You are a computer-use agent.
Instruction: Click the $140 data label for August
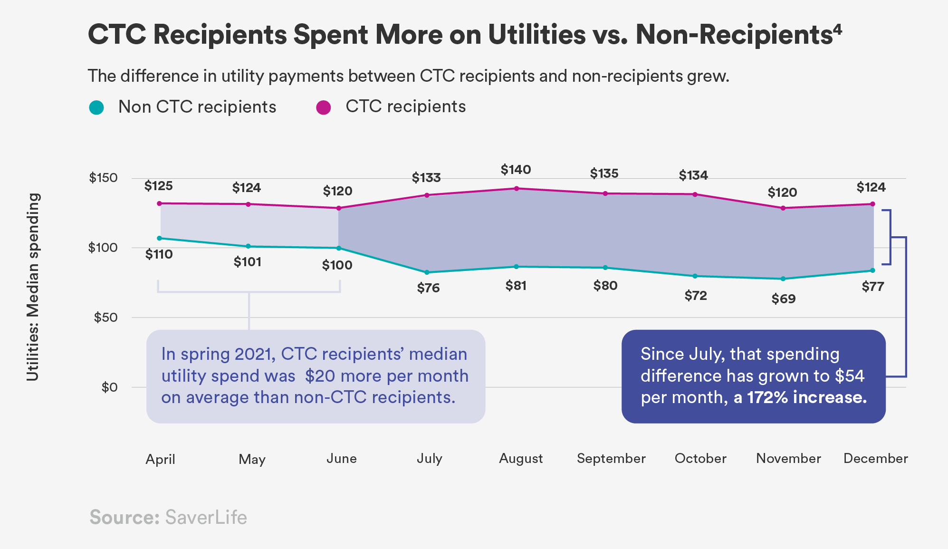(x=516, y=170)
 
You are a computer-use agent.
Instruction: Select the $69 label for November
(x=783, y=299)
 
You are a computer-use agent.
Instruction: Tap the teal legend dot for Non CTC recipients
(x=96, y=107)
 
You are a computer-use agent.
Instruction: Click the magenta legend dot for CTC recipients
(x=324, y=107)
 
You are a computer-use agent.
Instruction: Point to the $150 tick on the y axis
(x=103, y=178)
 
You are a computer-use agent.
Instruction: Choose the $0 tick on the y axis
(x=109, y=387)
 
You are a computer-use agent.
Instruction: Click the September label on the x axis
(x=611, y=459)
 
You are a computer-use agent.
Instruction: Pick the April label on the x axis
(x=160, y=459)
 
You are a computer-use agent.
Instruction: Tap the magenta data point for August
(x=517, y=189)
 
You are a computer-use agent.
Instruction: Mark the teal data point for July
(x=427, y=272)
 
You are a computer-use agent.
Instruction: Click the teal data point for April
(x=159, y=238)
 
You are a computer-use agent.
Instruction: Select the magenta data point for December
(x=872, y=204)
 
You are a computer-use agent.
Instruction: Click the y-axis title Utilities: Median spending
(x=32, y=287)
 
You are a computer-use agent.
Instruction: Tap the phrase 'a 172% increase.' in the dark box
(x=800, y=397)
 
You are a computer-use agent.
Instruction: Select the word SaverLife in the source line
(x=206, y=517)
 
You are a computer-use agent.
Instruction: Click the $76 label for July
(x=428, y=288)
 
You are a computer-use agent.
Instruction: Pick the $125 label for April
(x=158, y=186)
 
